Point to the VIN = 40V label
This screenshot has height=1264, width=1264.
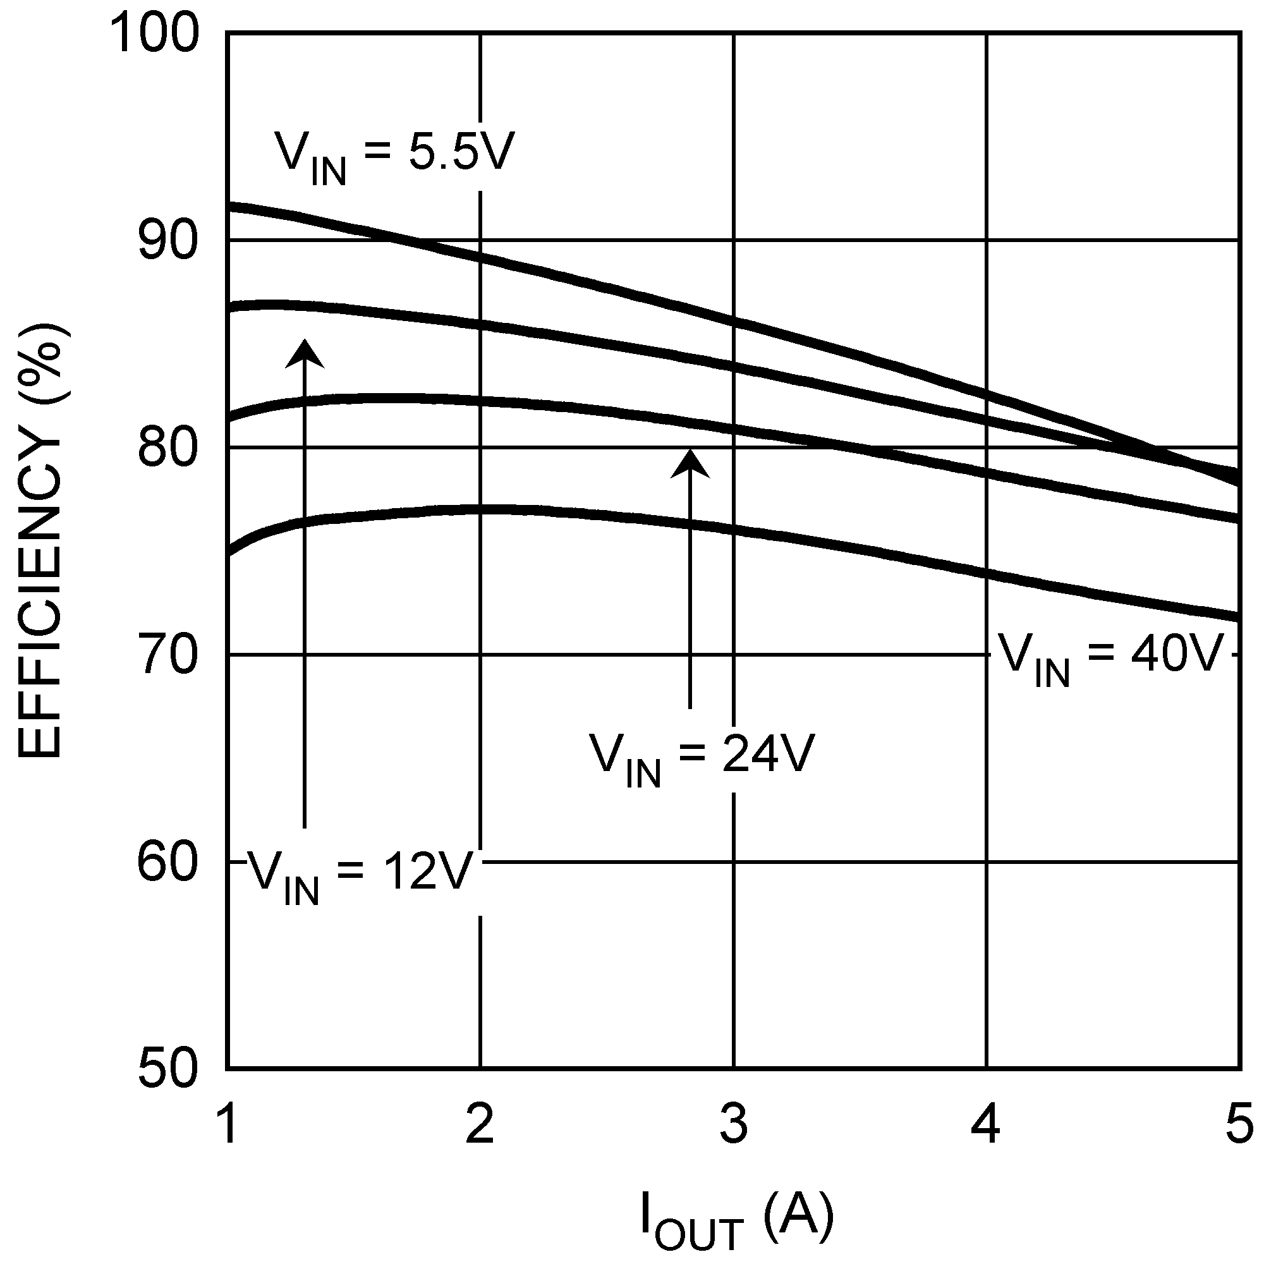coord(1111,657)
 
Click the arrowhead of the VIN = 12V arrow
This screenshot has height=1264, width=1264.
coord(304,353)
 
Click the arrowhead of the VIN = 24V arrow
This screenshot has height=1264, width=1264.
coord(690,463)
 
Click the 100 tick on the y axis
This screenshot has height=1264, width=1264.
coord(154,34)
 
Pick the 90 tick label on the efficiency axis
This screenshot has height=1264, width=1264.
coord(167,241)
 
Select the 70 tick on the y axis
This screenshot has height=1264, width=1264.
coord(167,655)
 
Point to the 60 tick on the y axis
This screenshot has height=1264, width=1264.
coord(167,862)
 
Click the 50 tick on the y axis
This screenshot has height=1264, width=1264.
coord(167,1070)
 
